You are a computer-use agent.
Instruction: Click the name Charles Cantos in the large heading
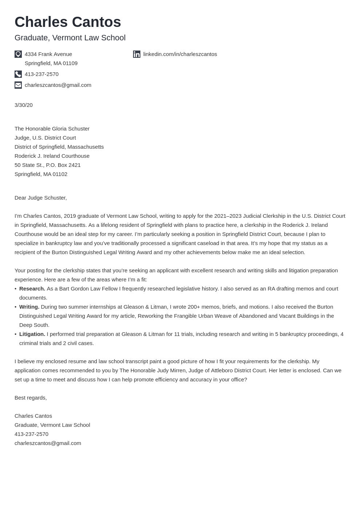(x=68, y=22)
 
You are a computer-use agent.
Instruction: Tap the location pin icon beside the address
(x=18, y=54)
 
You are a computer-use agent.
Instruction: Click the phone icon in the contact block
(x=18, y=74)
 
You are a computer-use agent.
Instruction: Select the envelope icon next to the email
(x=18, y=85)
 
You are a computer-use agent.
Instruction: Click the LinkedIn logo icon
(x=137, y=54)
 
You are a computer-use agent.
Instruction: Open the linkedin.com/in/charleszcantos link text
(x=180, y=54)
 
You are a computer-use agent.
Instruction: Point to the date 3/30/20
(x=24, y=105)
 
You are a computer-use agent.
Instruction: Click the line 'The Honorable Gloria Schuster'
(x=52, y=129)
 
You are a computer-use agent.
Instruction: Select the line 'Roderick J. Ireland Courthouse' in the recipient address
(x=52, y=156)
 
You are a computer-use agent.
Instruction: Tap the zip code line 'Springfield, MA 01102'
(x=41, y=174)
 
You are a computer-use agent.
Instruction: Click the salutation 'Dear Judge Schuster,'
(x=41, y=198)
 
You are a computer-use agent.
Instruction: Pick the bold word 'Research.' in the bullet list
(x=32, y=289)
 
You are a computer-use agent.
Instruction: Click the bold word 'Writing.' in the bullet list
(x=29, y=307)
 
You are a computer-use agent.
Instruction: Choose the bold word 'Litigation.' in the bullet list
(x=32, y=334)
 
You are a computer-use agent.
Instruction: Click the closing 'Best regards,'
(x=31, y=398)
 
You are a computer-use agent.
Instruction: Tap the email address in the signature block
(x=48, y=443)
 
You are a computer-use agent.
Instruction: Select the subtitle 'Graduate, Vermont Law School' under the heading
(x=70, y=38)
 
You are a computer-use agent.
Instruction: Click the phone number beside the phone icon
(x=41, y=74)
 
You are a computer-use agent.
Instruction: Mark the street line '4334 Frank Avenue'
(x=48, y=54)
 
